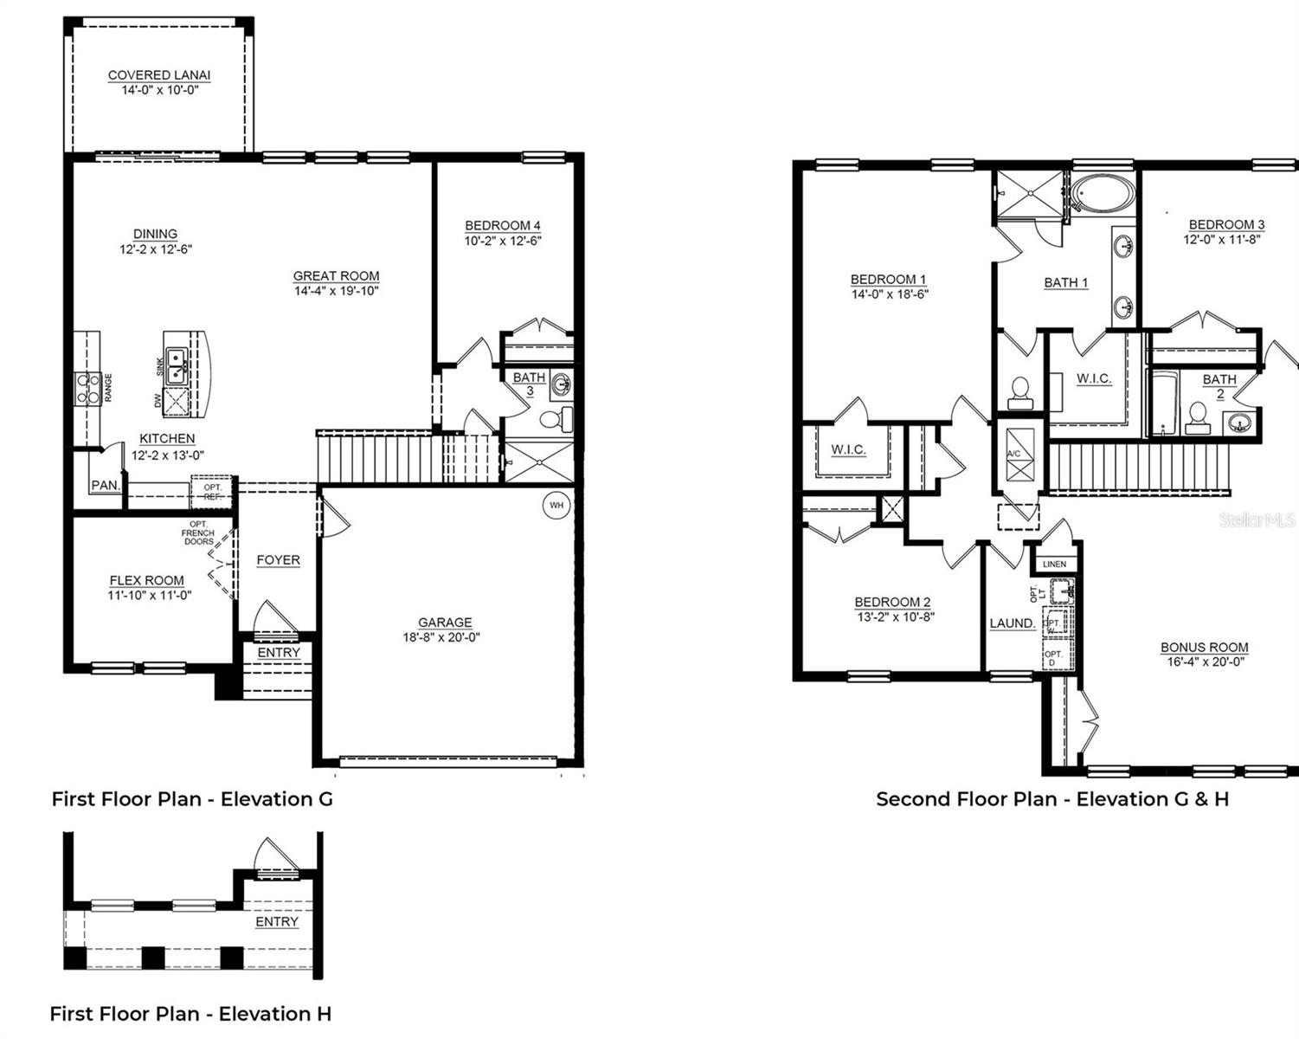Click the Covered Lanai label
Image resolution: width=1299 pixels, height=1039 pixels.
pos(159,75)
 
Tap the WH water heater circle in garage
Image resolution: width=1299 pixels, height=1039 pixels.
pos(556,505)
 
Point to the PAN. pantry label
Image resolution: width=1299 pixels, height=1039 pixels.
pos(105,486)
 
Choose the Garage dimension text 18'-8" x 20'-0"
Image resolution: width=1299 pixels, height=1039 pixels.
pos(441,637)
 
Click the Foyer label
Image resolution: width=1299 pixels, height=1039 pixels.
pos(278,560)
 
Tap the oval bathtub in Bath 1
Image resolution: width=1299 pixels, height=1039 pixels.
pos(1101,194)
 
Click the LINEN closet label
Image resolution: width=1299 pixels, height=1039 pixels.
pos(1054,565)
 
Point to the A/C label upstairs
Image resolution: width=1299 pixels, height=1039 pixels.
pos(1013,454)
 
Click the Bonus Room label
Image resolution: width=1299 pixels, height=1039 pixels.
pos(1204,647)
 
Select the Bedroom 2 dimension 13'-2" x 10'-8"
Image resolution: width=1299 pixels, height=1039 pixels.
pos(894,617)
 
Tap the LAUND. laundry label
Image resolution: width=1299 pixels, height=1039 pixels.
pos(1012,623)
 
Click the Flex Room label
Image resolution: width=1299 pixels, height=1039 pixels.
pos(146,580)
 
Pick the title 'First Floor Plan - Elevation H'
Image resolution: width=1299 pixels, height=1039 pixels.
pos(190,1013)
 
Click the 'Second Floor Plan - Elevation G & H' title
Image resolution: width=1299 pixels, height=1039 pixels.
pos(1051,798)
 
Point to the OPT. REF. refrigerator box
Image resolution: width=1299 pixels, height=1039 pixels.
pos(213,492)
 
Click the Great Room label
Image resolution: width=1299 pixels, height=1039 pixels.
pos(336,276)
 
